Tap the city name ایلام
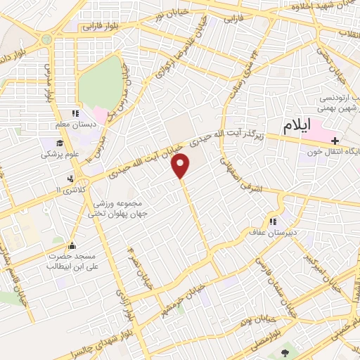coord(297,127)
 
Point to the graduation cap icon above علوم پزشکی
coord(51,141)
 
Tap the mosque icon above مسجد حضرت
coord(72,246)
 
